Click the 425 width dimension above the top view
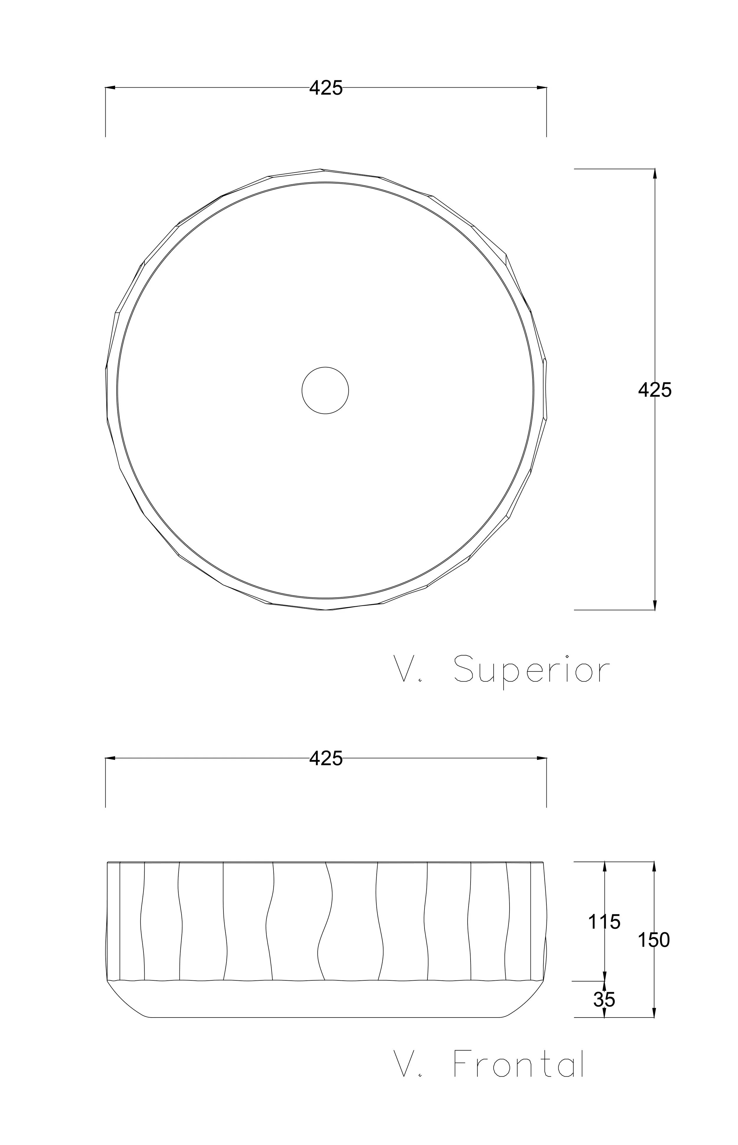point(326,88)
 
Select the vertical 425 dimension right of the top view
point(655,390)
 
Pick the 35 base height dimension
point(604,1000)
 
